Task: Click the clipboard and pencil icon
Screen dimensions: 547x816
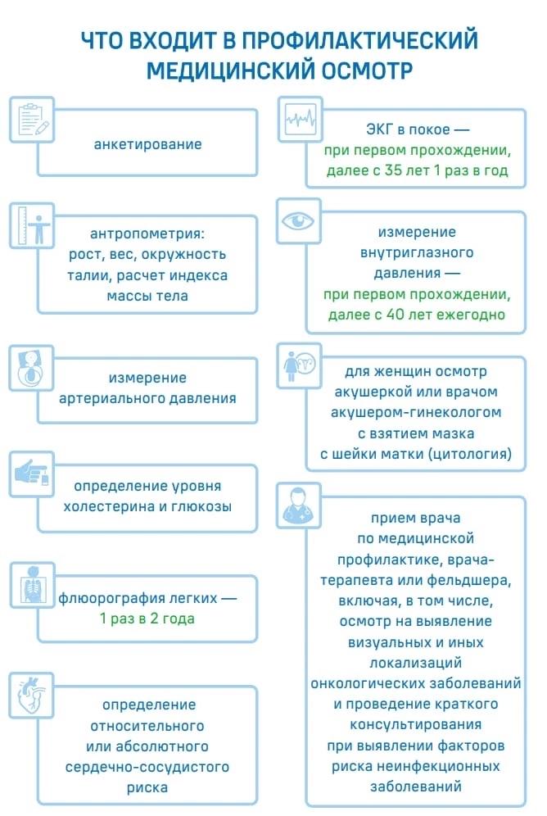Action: point(33,119)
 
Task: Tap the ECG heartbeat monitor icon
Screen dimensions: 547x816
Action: point(301,119)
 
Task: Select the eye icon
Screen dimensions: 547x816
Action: point(298,220)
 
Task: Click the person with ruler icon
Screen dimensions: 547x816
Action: point(33,225)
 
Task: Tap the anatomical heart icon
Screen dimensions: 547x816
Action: point(32,695)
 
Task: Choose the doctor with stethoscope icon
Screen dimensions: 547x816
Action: point(298,505)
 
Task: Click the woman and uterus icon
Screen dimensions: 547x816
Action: point(300,366)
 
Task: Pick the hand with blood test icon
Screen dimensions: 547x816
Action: point(33,473)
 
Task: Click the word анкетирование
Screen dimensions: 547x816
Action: point(147,144)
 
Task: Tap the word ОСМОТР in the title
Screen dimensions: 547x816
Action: point(366,70)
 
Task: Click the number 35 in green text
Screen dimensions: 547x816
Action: point(394,170)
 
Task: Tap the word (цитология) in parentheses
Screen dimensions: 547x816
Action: point(470,454)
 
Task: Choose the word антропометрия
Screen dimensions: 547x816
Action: point(147,233)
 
